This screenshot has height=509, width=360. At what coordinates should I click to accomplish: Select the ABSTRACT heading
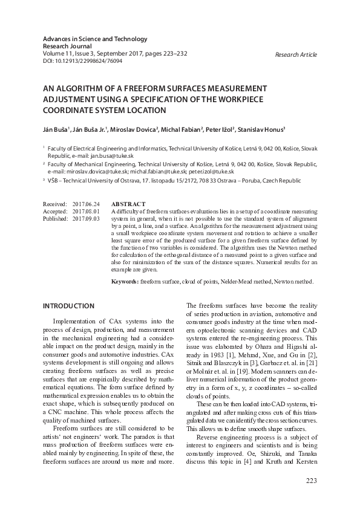point(128,205)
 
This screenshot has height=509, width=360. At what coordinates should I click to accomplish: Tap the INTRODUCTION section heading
point(68,306)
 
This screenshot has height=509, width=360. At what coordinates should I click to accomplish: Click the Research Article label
point(295,55)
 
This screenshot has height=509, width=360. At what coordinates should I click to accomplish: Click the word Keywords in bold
point(125,282)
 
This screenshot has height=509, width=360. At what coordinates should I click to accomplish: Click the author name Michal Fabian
point(181,129)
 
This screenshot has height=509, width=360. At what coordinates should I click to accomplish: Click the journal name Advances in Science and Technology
point(95,39)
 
